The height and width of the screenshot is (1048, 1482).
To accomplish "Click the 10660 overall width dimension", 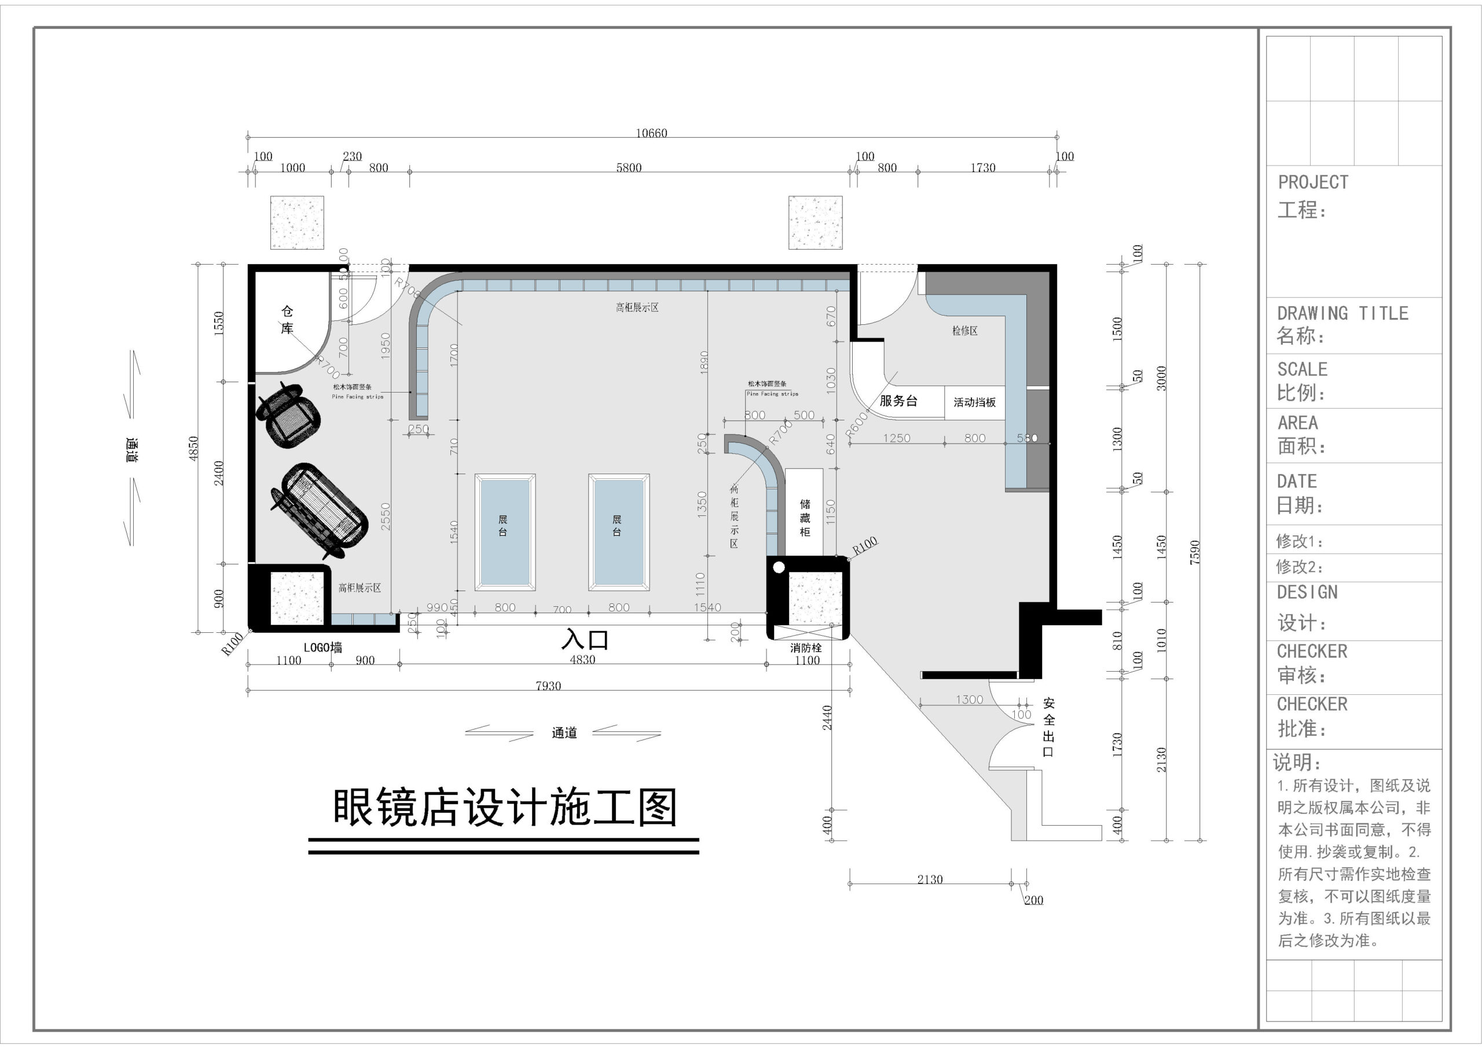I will (x=651, y=133).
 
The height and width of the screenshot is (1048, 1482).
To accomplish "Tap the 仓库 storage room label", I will (x=287, y=320).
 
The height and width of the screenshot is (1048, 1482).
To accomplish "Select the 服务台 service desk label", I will (x=898, y=401).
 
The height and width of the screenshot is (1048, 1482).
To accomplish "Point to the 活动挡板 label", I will (x=975, y=402).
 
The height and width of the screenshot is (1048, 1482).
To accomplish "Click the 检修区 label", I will (x=964, y=331).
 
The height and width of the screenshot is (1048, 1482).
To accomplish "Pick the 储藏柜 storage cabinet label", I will (x=805, y=517).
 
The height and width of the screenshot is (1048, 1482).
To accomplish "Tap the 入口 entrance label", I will (x=585, y=639).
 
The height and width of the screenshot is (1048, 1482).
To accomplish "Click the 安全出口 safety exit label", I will (x=1048, y=727).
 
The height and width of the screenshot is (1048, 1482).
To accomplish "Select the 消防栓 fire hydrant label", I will (x=806, y=648).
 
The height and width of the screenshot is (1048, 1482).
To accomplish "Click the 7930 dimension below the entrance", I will (x=548, y=686).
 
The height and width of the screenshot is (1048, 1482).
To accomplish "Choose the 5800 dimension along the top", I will (x=629, y=168).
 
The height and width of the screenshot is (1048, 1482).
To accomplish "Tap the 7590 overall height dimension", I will (x=1195, y=553).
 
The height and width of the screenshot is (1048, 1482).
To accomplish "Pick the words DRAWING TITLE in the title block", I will (x=1342, y=313).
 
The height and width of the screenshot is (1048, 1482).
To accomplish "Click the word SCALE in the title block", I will (x=1302, y=369).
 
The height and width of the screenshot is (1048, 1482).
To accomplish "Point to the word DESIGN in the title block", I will (x=1307, y=592).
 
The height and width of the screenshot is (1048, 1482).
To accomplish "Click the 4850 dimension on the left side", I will (x=193, y=448).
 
